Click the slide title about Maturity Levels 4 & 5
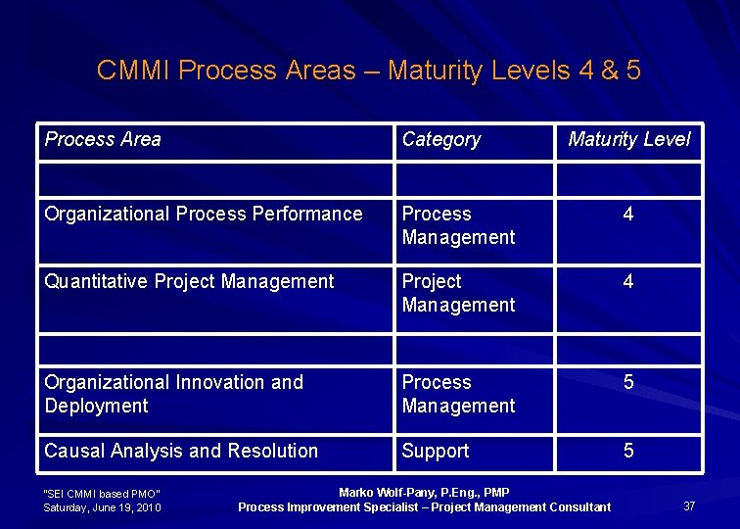[369, 71]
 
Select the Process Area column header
[103, 139]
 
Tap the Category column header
[441, 140]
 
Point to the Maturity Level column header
[628, 140]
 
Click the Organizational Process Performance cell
[203, 215]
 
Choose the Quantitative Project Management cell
[189, 282]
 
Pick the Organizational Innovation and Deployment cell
[174, 394]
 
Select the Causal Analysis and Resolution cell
[181, 451]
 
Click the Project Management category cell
[458, 293]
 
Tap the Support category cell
[436, 451]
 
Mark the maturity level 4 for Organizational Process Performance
[628, 215]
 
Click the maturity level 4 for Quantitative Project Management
[628, 282]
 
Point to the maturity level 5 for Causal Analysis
[628, 451]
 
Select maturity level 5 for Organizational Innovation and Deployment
[628, 383]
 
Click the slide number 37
[689, 506]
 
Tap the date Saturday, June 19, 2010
[103, 507]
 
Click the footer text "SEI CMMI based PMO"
[102, 493]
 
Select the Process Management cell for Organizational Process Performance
[458, 225]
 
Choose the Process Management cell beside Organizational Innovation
[458, 394]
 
